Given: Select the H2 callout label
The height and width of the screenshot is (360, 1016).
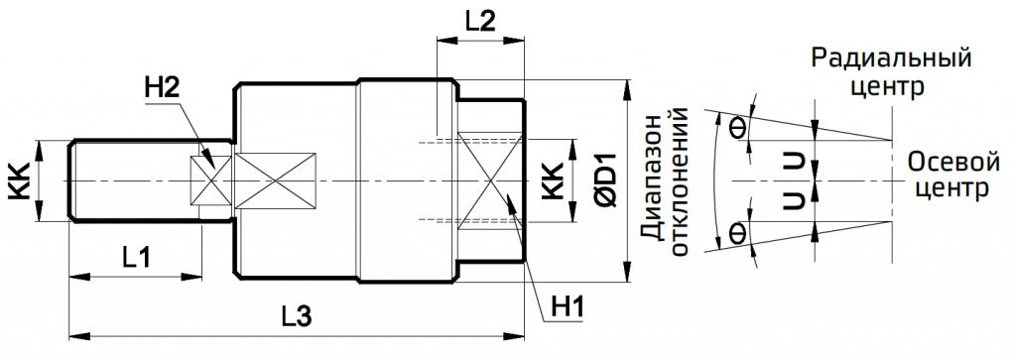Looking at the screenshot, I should (161, 89).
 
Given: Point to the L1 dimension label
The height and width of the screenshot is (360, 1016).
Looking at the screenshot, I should (136, 258).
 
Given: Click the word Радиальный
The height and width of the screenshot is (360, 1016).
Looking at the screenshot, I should (890, 58).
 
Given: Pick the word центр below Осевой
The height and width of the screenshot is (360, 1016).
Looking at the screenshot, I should (950, 188).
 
